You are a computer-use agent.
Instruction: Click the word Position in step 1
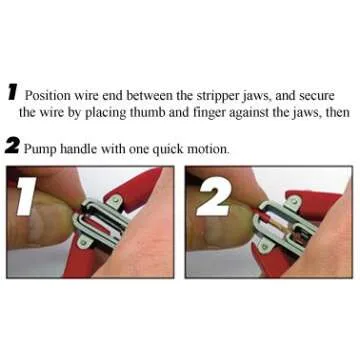(48, 96)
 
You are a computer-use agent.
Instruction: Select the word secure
(317, 96)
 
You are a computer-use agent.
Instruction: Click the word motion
(208, 148)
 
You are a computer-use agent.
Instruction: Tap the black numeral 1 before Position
(12, 93)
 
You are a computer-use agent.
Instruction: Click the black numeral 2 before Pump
(13, 146)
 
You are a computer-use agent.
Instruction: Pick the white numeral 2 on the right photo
(214, 196)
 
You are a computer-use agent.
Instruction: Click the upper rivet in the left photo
(116, 200)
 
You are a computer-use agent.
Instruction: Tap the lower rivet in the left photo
(82, 242)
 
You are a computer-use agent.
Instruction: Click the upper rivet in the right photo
(295, 201)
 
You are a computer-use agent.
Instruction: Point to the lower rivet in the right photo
(264, 247)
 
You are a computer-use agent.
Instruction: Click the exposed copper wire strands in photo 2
(281, 227)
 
